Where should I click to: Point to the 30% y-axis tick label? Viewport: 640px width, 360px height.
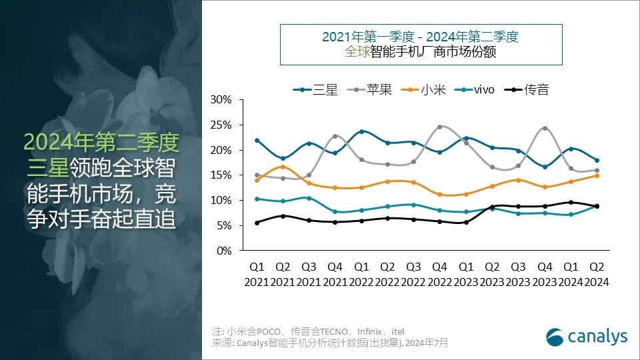[221, 99]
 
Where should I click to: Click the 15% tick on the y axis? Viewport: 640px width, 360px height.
[221, 175]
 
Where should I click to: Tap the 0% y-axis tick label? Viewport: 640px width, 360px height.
[223, 251]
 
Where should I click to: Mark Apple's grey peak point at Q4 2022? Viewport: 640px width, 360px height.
[439, 127]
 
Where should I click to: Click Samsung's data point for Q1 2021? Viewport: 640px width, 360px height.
[257, 141]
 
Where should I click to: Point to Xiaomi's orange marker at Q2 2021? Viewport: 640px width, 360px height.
[283, 167]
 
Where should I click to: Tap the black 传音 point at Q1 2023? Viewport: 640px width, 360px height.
[466, 222]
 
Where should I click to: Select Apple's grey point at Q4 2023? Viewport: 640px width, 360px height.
[544, 128]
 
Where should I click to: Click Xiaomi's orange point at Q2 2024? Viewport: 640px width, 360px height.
[596, 175]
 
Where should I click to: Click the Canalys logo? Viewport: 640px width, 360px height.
[587, 337]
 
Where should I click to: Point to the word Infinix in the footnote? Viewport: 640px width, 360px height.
[371, 331]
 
